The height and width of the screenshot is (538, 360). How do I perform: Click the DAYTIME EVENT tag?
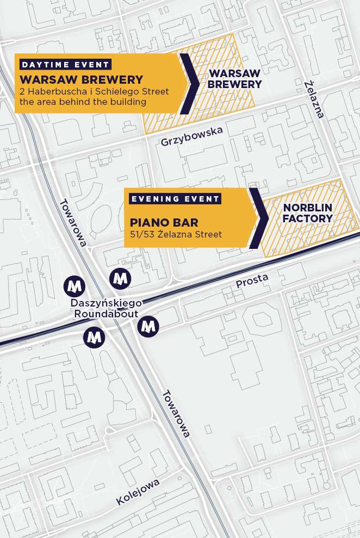65,64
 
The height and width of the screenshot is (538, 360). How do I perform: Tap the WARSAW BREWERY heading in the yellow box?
81,80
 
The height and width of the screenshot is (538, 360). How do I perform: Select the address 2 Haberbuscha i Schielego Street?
94,91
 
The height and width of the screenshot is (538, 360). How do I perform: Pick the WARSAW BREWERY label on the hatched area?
235,79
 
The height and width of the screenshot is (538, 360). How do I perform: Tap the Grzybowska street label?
191,136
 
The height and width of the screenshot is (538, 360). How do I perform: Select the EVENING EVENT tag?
175,198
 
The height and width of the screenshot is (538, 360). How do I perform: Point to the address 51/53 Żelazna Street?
176,235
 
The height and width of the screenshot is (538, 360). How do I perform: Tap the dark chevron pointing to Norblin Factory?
259,218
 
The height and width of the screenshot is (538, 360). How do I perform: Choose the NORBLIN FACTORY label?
308,213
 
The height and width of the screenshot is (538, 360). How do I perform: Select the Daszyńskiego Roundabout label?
107,308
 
